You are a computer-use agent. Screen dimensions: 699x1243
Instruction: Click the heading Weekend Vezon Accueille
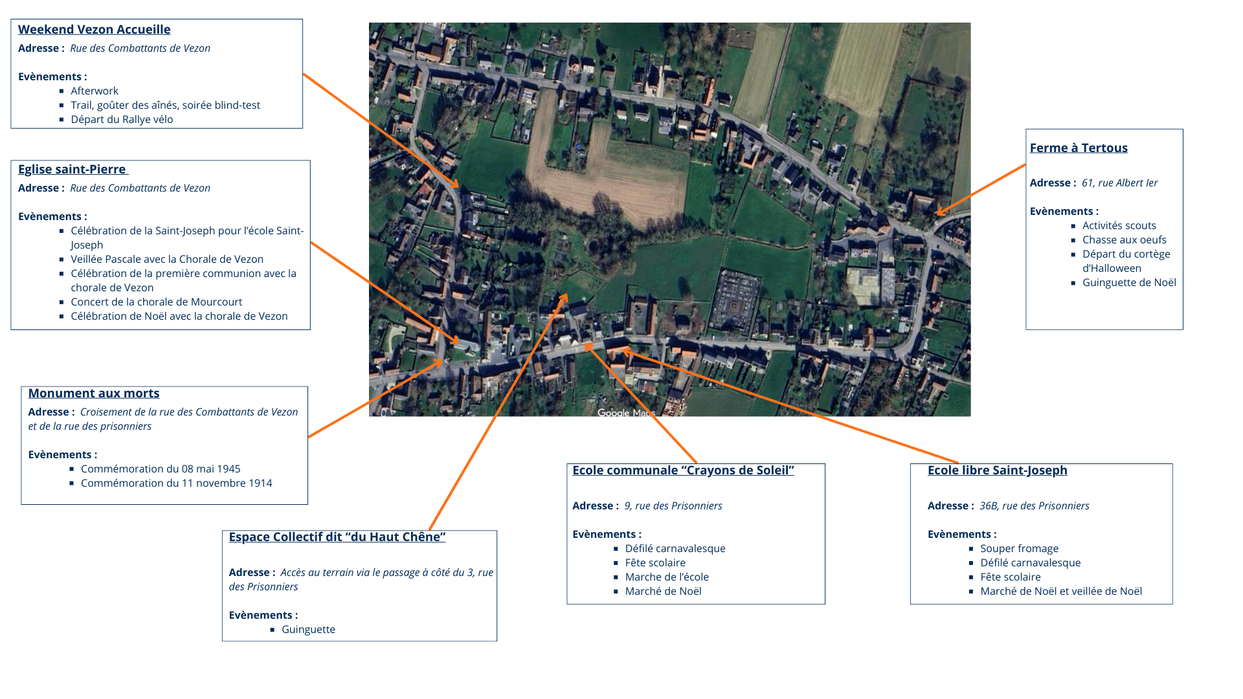click(94, 29)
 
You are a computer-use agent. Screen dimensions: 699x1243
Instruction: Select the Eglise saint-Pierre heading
click(72, 169)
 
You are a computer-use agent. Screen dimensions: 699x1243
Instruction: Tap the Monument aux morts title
click(93, 393)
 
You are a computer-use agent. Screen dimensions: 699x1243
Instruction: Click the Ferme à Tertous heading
click(1078, 148)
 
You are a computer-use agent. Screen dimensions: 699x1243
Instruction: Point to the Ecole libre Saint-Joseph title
click(997, 470)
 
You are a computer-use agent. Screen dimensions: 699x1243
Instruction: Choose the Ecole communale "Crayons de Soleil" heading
click(682, 470)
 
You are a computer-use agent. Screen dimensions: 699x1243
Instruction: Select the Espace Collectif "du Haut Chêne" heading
click(337, 537)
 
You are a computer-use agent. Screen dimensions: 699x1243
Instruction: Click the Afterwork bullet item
click(95, 91)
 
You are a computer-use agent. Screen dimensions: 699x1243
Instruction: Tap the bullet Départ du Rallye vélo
click(122, 119)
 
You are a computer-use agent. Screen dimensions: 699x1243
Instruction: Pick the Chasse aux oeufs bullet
click(1124, 239)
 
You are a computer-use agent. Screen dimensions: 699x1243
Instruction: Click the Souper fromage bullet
click(1019, 548)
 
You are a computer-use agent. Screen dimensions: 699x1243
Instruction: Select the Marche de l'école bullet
click(666, 577)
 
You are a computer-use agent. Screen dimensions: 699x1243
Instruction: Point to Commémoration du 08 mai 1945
click(160, 469)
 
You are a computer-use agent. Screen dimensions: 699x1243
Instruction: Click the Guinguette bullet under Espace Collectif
click(308, 629)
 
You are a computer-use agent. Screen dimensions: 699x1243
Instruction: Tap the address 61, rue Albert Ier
click(1119, 183)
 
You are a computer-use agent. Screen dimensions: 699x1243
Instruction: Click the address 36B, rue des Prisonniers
click(1034, 505)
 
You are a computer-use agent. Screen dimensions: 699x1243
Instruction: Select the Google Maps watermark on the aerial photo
click(625, 413)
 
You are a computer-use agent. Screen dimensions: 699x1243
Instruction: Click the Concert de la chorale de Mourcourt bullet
click(156, 302)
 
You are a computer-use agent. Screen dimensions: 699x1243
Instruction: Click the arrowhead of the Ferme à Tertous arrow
click(939, 212)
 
